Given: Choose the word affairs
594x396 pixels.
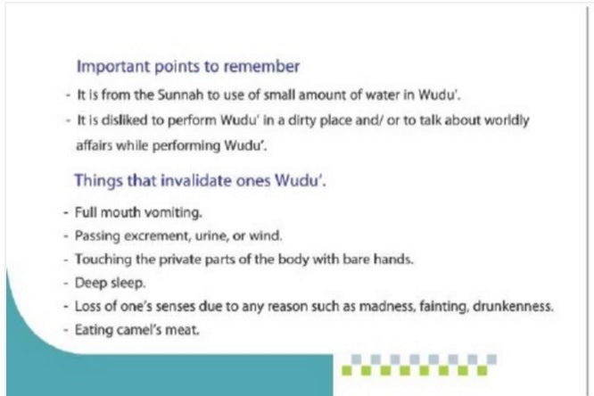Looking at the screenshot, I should (x=95, y=145).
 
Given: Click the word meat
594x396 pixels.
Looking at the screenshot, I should (x=182, y=329).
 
